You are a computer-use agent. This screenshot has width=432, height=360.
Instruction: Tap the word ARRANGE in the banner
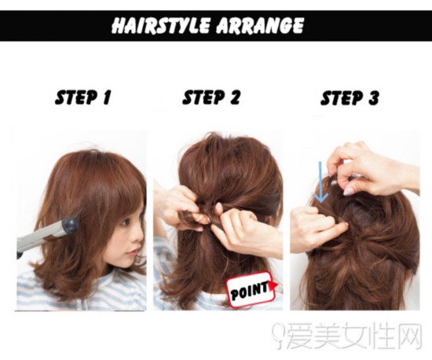[x=260, y=25]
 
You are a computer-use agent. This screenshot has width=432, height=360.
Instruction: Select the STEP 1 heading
[x=82, y=97]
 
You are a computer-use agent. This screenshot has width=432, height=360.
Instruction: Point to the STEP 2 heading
[x=211, y=97]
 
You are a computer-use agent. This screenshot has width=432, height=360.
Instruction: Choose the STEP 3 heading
[x=350, y=97]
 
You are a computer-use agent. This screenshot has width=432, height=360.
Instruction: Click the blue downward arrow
[x=321, y=182]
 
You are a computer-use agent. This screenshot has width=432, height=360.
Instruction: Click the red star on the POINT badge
[x=273, y=286]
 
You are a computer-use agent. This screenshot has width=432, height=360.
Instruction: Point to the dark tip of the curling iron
[x=70, y=226]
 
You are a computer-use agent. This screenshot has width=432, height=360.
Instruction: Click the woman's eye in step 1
[x=126, y=222]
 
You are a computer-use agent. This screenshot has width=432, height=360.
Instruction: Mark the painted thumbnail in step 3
[x=348, y=191]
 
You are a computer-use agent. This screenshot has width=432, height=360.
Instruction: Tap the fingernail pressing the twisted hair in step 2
[x=219, y=207]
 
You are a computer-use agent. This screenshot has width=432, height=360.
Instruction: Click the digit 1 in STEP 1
[x=107, y=97]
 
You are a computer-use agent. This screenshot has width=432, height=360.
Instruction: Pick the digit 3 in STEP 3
[x=373, y=97]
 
